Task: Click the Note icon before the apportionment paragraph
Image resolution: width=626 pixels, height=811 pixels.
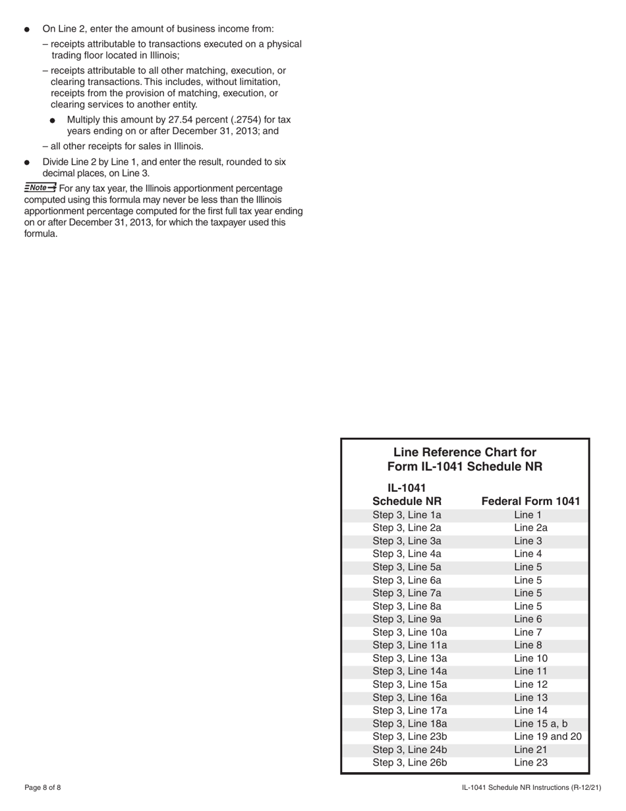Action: click(40, 187)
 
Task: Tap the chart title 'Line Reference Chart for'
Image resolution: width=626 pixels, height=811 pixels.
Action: click(465, 452)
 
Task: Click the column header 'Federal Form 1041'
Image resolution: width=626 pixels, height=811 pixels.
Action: click(531, 501)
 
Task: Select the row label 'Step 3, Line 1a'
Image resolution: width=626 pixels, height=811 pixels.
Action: click(407, 515)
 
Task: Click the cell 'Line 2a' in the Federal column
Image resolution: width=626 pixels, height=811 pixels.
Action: click(530, 527)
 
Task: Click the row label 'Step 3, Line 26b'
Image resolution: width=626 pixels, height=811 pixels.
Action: click(410, 763)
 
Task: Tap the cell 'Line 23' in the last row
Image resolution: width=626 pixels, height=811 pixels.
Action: click(530, 763)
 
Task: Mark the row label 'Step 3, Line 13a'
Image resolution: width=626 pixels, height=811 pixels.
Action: click(410, 658)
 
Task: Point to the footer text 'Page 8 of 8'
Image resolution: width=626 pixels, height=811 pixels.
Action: click(43, 788)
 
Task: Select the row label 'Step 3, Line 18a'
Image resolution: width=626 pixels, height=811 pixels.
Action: click(410, 723)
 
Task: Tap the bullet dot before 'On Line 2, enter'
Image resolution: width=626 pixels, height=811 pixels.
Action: click(27, 30)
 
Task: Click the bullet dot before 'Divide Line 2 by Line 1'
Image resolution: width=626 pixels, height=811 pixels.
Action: click(27, 162)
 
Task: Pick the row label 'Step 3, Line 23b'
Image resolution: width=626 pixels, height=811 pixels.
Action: click(410, 736)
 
